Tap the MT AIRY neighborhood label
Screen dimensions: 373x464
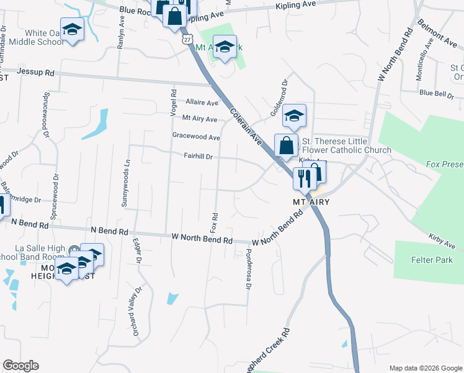tap(310, 203)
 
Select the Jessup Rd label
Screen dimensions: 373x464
tap(36, 73)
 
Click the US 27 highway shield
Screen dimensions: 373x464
tap(187, 39)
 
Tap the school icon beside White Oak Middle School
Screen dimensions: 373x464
tap(73, 30)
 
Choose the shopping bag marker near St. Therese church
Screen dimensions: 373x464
tap(287, 146)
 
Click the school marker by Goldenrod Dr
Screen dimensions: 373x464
tap(294, 116)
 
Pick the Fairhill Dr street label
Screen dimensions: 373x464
tap(198, 157)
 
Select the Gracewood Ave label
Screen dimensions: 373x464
tap(196, 137)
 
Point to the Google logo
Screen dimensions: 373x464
tap(20, 366)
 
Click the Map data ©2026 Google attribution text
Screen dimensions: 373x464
tap(426, 368)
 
